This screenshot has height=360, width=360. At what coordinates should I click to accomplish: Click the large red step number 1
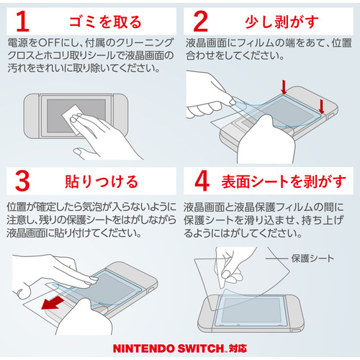(23, 22)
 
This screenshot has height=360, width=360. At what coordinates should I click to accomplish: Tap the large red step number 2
(200, 22)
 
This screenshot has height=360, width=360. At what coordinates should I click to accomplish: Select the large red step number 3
(22, 181)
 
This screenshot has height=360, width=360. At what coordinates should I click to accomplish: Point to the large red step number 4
(202, 181)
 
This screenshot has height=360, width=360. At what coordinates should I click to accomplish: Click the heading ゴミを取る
(105, 22)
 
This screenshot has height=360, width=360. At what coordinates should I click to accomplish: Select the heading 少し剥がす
(282, 22)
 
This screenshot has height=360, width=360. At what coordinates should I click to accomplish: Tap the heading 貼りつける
(102, 181)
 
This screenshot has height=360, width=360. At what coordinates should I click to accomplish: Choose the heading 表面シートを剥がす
(284, 181)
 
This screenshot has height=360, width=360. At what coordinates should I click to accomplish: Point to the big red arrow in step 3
(53, 303)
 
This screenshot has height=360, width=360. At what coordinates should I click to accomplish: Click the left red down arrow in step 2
(284, 87)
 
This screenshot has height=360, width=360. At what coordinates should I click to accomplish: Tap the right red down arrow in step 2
(322, 107)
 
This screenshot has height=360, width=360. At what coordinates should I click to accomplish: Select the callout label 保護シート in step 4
(312, 258)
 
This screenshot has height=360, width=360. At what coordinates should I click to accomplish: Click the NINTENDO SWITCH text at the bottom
(168, 348)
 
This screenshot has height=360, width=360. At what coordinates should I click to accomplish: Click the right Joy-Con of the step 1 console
(121, 116)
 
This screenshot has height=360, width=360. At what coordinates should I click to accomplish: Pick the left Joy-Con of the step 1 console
(32, 116)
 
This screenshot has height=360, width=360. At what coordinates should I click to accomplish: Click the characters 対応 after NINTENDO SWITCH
(238, 348)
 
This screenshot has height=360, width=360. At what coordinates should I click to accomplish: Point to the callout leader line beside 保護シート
(276, 258)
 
